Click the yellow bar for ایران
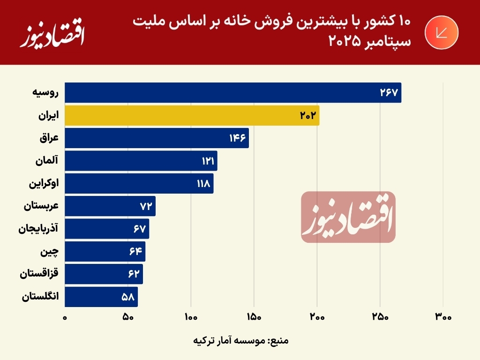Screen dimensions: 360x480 tap(192, 115)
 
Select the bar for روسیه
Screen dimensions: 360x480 tap(232, 93)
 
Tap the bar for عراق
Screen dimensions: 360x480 tap(157, 138)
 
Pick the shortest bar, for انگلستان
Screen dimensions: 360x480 tap(101, 297)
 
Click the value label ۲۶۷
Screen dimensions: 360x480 tap(389, 93)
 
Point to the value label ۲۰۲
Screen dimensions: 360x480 tap(309, 115)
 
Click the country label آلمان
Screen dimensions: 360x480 tap(46, 161)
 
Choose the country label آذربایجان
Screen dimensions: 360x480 tap(38, 229)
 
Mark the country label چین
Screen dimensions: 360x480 tap(50, 252)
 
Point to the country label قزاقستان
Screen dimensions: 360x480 tap(39, 274)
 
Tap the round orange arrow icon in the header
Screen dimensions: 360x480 tap(442, 32)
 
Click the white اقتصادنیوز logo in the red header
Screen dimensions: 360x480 tap(52, 34)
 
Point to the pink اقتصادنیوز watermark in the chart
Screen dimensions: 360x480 tap(348, 217)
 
